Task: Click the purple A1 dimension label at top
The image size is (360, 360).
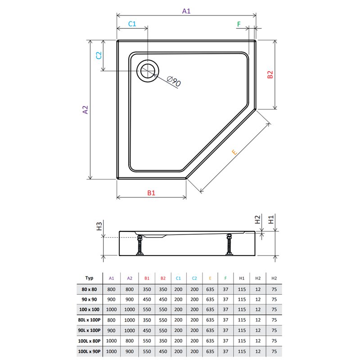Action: pyautogui.click(x=186, y=11)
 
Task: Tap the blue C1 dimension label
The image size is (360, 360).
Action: pyautogui.click(x=132, y=24)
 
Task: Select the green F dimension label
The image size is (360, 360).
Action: pyautogui.click(x=239, y=24)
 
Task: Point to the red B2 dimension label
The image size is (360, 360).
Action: pyautogui.click(x=270, y=75)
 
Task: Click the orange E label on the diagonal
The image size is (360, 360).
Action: pyautogui.click(x=234, y=152)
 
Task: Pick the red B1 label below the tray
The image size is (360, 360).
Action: pyautogui.click(x=151, y=193)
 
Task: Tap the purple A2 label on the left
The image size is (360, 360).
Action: pyautogui.click(x=85, y=110)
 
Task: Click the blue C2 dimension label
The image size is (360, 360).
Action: pyautogui.click(x=99, y=55)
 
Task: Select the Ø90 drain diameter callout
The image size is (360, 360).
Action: pyautogui.click(x=174, y=81)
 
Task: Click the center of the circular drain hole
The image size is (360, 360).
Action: pyautogui.click(x=148, y=71)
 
